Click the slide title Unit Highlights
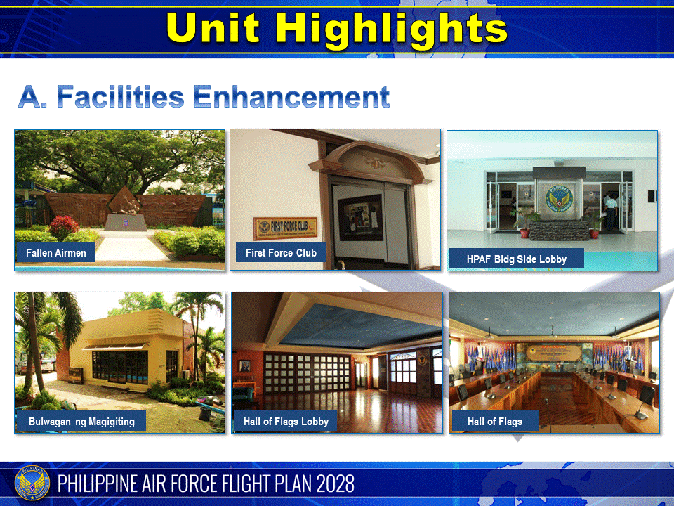click(337, 29)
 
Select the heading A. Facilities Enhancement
click(204, 97)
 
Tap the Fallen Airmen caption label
click(56, 252)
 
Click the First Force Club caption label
click(281, 252)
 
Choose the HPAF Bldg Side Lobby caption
click(516, 259)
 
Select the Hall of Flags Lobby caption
click(286, 422)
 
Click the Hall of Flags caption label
click(495, 422)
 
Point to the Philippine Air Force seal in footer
click(32, 484)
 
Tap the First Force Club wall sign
click(285, 227)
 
